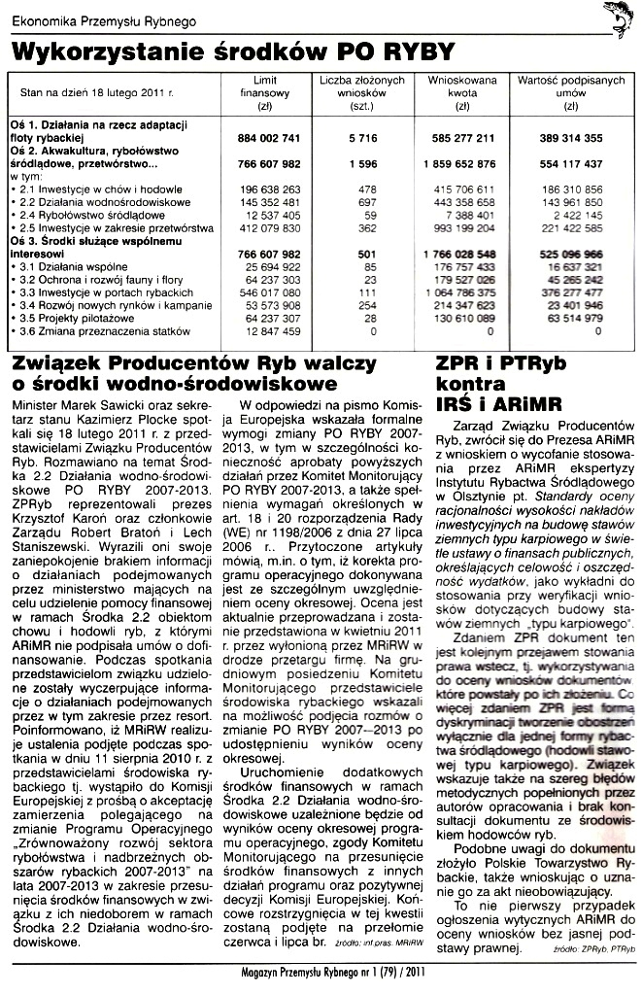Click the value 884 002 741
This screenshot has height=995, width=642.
click(265, 139)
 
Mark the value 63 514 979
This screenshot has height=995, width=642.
click(569, 317)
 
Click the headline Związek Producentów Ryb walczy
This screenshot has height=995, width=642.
click(200, 363)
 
